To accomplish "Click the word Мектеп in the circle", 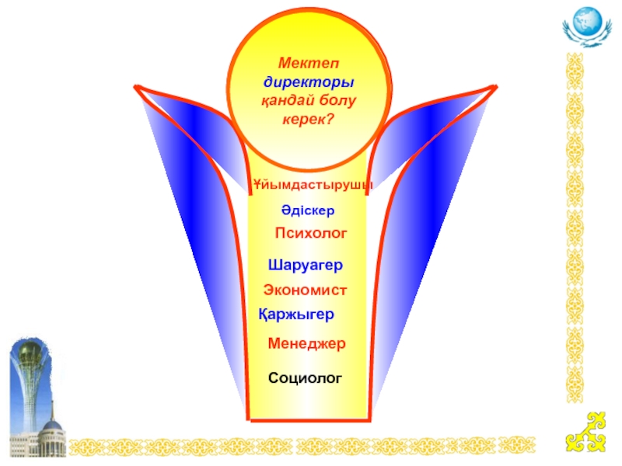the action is click(x=309, y=64).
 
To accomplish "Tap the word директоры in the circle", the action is click(x=309, y=82).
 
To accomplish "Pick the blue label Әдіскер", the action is click(x=308, y=210).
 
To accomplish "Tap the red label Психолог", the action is click(x=310, y=233).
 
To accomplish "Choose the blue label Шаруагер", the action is click(x=306, y=264).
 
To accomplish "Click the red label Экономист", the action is click(x=305, y=289).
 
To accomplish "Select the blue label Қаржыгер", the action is click(x=296, y=315).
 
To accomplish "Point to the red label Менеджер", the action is click(x=306, y=343).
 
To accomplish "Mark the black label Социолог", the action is click(x=305, y=377).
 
